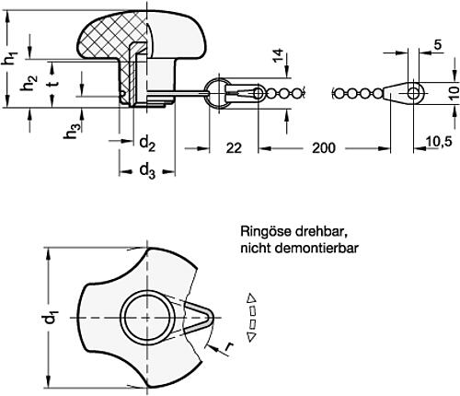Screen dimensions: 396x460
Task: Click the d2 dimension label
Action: pyautogui.click(x=145, y=143)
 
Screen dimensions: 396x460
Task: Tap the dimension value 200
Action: pyautogui.click(x=324, y=146)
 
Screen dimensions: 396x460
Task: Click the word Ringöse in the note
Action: pyautogui.click(x=261, y=233)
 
